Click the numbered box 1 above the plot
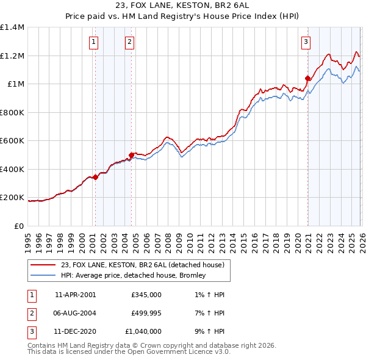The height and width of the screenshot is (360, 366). (93, 42)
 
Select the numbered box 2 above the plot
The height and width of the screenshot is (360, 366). (130, 42)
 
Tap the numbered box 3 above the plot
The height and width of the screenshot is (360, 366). (306, 42)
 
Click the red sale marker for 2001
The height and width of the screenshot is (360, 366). (95, 177)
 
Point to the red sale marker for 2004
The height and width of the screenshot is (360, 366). (131, 155)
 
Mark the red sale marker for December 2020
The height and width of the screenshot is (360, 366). (307, 78)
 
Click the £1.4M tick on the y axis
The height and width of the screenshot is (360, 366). (12, 27)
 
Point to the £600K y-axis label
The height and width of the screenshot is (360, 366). (12, 141)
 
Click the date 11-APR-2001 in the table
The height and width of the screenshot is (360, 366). (75, 294)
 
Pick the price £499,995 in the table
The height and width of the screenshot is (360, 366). (146, 313)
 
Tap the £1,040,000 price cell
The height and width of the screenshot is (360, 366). (143, 332)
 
